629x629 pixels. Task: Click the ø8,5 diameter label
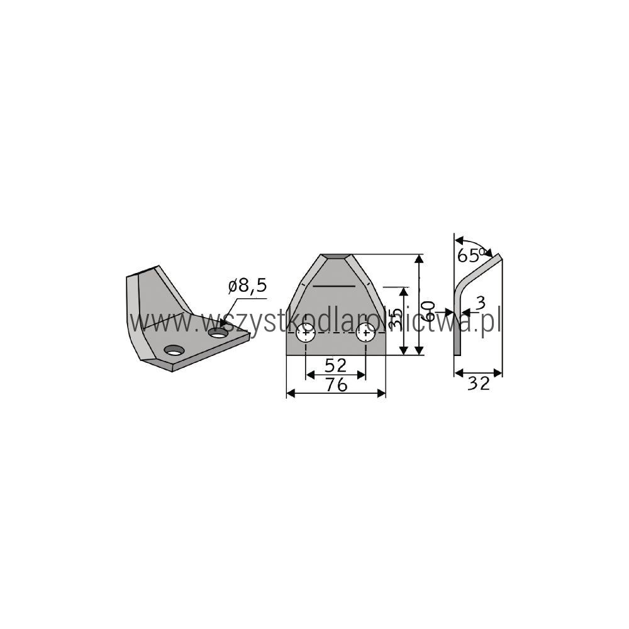pyautogui.click(x=247, y=286)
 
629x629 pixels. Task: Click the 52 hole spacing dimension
pyautogui.click(x=336, y=365)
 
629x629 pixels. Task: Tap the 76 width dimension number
pyautogui.click(x=336, y=385)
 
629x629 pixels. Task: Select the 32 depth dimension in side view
pyautogui.click(x=479, y=384)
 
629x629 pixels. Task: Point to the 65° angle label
pyautogui.click(x=472, y=255)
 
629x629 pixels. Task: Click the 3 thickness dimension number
pyautogui.click(x=480, y=303)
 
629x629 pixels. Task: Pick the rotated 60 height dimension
pyautogui.click(x=429, y=311)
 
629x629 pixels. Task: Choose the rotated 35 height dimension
pyautogui.click(x=396, y=318)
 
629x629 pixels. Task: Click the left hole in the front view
pyautogui.click(x=306, y=333)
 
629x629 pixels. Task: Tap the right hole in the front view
pyautogui.click(x=366, y=333)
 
